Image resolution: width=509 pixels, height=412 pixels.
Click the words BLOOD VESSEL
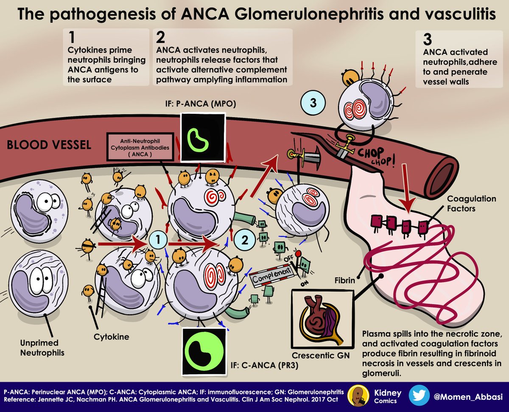pos(49,145)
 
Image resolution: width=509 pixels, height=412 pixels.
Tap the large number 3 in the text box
pos(428,40)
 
